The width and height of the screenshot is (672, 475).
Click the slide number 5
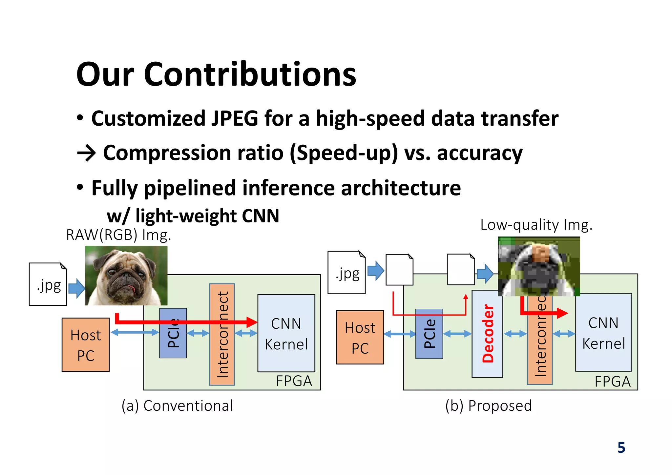pos(621,448)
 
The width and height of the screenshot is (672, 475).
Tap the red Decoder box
pos(487,334)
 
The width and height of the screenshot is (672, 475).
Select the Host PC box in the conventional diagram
pos(86,345)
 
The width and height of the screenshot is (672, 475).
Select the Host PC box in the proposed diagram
pos(360,338)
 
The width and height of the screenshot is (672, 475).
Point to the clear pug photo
pos(126,276)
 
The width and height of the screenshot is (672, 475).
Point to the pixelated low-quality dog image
pos(539,266)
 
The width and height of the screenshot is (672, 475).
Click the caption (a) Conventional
pos(177,406)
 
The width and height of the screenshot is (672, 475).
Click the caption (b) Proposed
pos(488,406)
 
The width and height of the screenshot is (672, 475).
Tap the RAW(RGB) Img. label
pos(118,235)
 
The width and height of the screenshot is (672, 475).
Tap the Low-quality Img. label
pos(536,225)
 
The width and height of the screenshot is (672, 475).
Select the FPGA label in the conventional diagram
pos(294,381)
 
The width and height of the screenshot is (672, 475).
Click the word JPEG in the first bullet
pos(235,118)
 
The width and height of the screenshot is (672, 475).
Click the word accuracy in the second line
pos(479,153)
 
